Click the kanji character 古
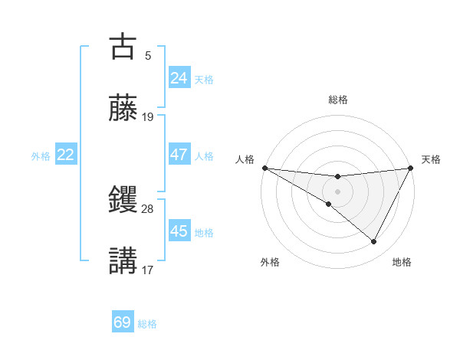(123, 47)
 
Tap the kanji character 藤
(123, 110)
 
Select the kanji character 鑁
(123, 201)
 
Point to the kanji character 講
(123, 261)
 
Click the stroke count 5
(148, 55)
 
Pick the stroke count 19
(148, 117)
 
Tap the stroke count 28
(148, 208)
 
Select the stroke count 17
(148, 270)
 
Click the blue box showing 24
(179, 78)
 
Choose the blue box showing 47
(179, 155)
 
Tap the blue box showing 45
(179, 231)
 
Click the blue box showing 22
(66, 155)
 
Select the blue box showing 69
(123, 322)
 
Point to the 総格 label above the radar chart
(337, 100)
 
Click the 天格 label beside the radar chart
(431, 159)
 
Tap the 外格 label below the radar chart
(270, 262)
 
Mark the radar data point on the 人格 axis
(264, 168)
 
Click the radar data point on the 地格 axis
(374, 242)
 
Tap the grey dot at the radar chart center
(337, 191)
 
